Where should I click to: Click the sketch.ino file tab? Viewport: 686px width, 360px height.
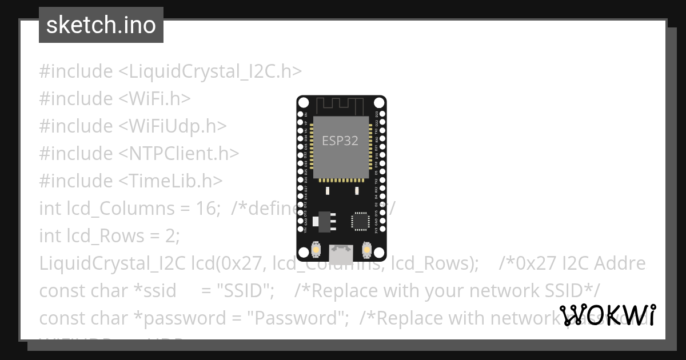[x=101, y=25]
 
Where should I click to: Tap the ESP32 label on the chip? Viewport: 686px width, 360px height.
[x=340, y=141]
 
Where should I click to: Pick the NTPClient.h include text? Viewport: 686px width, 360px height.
[x=178, y=153]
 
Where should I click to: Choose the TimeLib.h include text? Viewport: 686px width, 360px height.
[x=170, y=181]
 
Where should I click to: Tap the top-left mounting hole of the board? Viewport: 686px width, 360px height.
[x=304, y=103]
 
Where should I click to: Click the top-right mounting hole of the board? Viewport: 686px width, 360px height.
[x=378, y=103]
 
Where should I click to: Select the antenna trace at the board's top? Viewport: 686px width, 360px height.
[x=341, y=105]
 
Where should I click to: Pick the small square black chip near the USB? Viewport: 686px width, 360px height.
[x=361, y=221]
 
